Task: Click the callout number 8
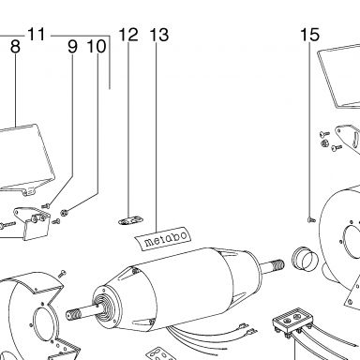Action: [15, 47]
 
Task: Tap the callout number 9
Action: [72, 47]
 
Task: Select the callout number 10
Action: [97, 47]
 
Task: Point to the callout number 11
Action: [37, 34]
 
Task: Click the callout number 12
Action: [128, 35]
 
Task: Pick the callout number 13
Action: [159, 35]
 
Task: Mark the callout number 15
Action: [309, 35]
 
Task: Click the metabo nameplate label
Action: [163, 238]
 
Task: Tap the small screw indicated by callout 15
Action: [311, 220]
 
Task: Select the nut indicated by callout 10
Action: [64, 212]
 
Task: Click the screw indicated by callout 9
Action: [46, 206]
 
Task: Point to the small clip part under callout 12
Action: [130, 220]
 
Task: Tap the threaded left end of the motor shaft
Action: [73, 313]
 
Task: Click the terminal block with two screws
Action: [292, 320]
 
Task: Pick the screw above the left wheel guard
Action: [62, 274]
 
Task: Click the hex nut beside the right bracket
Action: [324, 143]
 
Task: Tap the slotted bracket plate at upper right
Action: [348, 137]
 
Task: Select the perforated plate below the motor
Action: [158, 353]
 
